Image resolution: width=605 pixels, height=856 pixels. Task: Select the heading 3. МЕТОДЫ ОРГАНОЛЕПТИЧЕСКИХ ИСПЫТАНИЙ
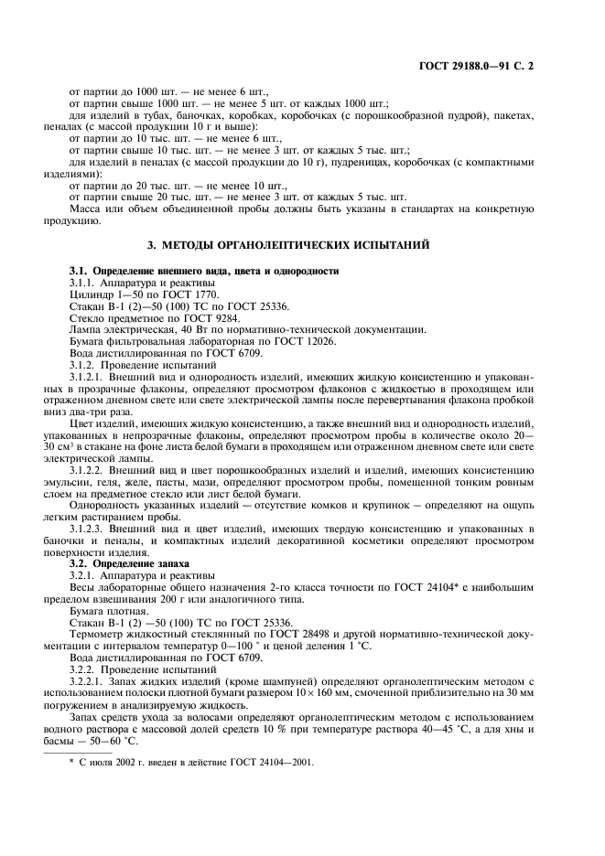point(301,245)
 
